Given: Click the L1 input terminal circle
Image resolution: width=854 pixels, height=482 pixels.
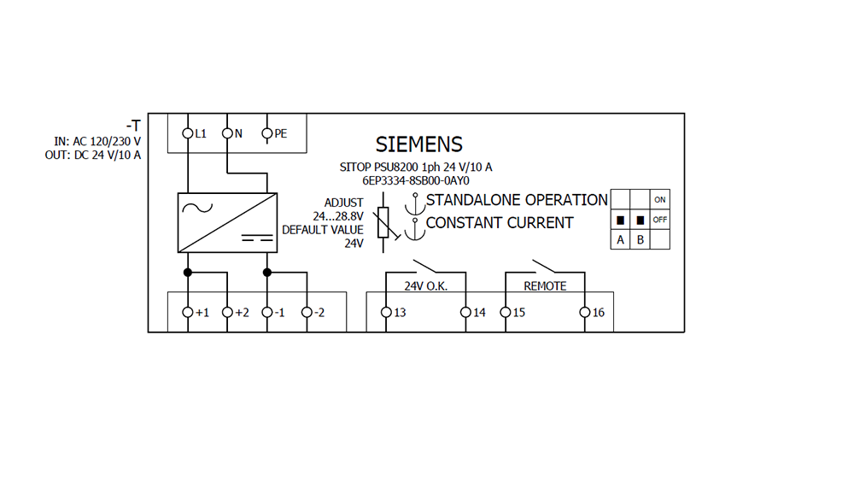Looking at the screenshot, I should [188, 133].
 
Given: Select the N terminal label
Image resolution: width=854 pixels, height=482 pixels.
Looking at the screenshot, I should [238, 133].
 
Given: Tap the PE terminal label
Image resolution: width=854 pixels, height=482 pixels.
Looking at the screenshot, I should [280, 133].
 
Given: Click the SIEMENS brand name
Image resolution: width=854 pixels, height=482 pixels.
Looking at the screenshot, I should [418, 144].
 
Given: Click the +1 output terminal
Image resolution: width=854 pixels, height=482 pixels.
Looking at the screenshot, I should [188, 313].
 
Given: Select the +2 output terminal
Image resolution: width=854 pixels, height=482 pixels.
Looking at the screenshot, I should [227, 313].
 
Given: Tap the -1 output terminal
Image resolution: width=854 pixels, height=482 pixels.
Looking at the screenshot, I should [266, 313].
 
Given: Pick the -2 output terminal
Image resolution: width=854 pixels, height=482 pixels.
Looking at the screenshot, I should [307, 313].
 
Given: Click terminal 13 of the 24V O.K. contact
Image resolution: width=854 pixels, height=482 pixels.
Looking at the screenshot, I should [386, 313].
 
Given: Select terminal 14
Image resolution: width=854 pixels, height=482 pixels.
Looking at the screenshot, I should [465, 313].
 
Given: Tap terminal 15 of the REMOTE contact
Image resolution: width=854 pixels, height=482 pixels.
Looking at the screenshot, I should [505, 313].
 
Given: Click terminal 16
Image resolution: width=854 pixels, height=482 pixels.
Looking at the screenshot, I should [584, 313].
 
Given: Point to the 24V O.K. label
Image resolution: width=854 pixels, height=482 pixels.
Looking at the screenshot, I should [425, 286].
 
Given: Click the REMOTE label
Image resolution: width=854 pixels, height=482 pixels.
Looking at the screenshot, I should [545, 286].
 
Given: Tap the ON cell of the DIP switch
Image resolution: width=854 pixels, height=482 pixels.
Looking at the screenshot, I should [659, 200].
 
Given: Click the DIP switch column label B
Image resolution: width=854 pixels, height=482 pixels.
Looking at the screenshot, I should [640, 240].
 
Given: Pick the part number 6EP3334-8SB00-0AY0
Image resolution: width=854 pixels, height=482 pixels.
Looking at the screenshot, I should [417, 181].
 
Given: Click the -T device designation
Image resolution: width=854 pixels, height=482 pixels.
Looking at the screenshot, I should [133, 126].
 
